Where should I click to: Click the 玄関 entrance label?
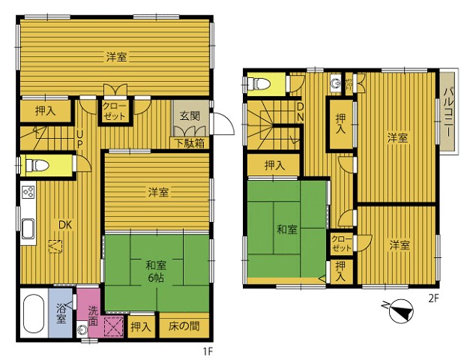(190, 115)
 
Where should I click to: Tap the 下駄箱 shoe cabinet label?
(190, 143)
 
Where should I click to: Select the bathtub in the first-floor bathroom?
(33, 313)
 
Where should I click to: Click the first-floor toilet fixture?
(37, 165)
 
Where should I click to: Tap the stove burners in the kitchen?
(28, 192)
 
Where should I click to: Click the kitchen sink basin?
(28, 229)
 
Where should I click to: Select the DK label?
(65, 225)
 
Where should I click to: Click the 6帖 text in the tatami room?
(156, 278)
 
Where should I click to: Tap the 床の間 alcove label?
(184, 325)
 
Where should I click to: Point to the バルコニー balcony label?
(449, 112)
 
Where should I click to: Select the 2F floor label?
(433, 298)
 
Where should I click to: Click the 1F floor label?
(208, 351)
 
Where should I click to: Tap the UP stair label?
(79, 139)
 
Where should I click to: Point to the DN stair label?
(301, 112)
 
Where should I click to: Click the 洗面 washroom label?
(93, 316)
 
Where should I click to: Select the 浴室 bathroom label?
(61, 313)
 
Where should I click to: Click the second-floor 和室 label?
(287, 229)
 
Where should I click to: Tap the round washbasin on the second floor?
(335, 82)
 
